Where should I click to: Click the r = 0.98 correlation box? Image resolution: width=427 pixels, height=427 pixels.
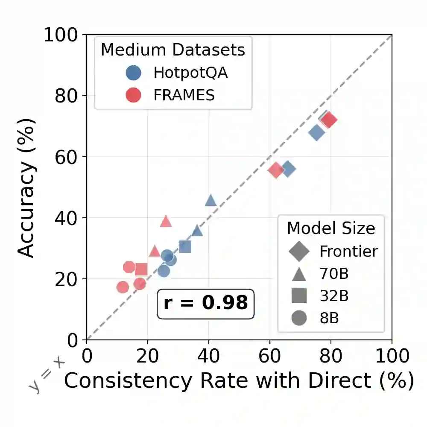point(205,303)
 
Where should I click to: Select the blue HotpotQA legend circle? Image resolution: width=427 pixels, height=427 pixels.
point(134,73)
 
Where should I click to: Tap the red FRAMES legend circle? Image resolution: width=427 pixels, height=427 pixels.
point(134,95)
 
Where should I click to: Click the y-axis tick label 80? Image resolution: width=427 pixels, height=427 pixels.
point(68,96)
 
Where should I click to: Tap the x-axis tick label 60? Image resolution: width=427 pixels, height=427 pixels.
point(269,355)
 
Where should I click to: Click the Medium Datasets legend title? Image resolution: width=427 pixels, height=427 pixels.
point(173,50)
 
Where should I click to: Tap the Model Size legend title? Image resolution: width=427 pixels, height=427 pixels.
point(331,228)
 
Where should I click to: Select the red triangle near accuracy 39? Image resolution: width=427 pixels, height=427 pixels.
point(166,221)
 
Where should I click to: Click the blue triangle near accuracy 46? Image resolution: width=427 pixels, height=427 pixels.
point(211,200)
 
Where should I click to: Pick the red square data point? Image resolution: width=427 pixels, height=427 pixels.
point(141,269)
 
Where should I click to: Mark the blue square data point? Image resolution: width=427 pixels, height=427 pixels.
point(185,246)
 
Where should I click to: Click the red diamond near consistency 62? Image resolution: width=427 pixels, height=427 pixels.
point(276,170)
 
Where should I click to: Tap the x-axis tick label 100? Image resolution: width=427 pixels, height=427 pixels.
point(392,355)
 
